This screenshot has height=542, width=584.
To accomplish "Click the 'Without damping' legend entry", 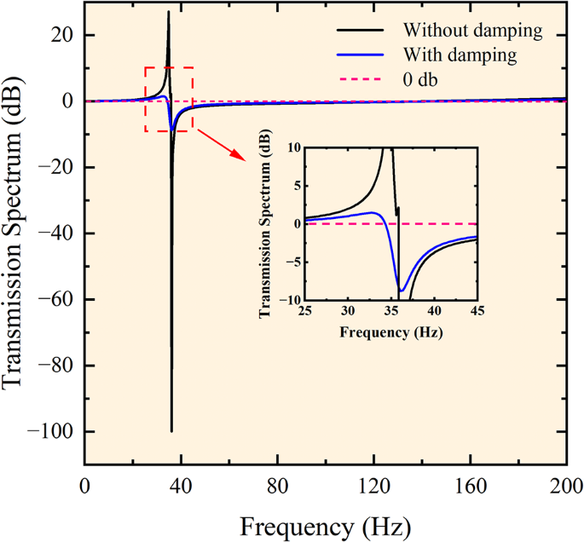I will tap(473, 32).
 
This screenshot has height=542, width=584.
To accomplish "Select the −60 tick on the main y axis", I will tap(56, 299).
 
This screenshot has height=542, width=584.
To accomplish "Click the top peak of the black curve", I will tap(168, 11).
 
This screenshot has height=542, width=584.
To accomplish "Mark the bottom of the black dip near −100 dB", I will tap(171, 431).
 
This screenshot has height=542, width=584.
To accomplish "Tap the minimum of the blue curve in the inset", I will tap(402, 291).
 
